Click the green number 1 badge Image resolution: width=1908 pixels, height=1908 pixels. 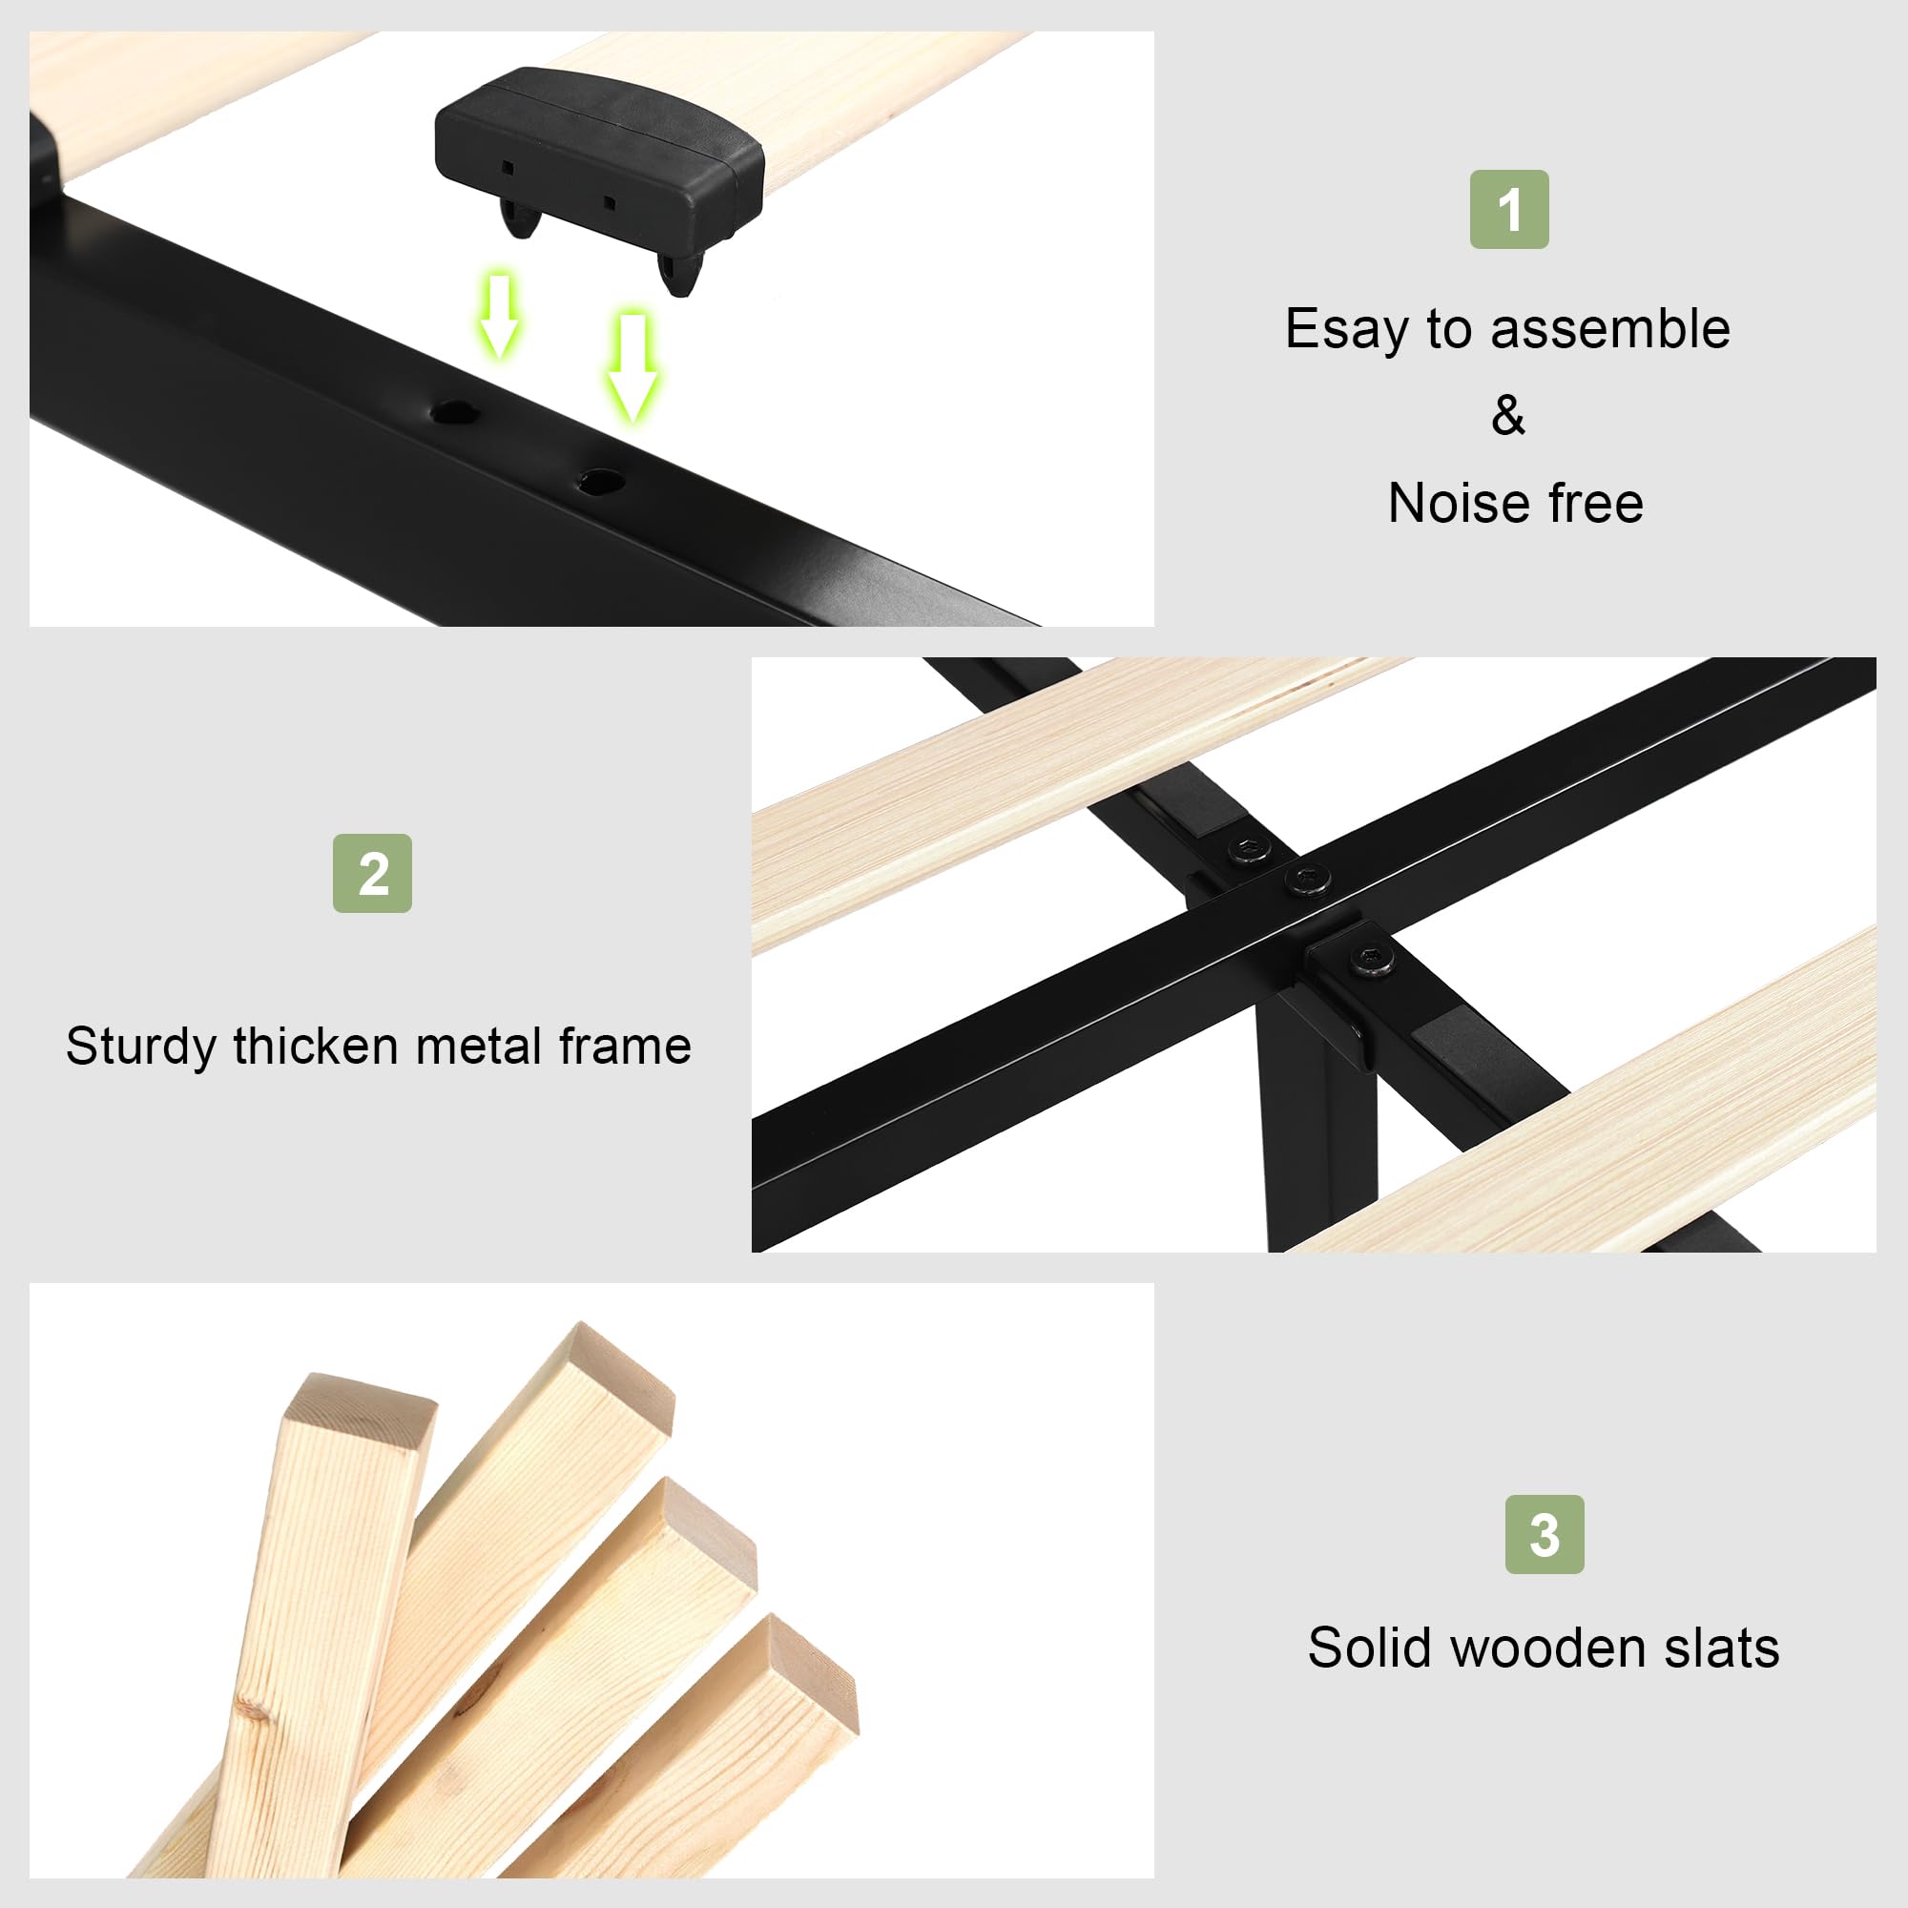tap(1509, 209)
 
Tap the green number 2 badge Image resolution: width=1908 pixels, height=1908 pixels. tap(372, 873)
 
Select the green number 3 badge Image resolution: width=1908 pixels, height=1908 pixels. tap(1545, 1534)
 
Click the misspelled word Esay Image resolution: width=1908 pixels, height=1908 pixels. tap(1347, 330)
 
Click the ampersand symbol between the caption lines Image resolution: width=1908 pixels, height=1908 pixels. tap(1508, 416)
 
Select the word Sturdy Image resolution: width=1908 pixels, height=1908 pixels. tap(141, 1047)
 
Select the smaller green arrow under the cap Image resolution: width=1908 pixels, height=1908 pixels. tap(500, 316)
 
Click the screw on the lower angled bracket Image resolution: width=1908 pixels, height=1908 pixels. tap(1372, 959)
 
